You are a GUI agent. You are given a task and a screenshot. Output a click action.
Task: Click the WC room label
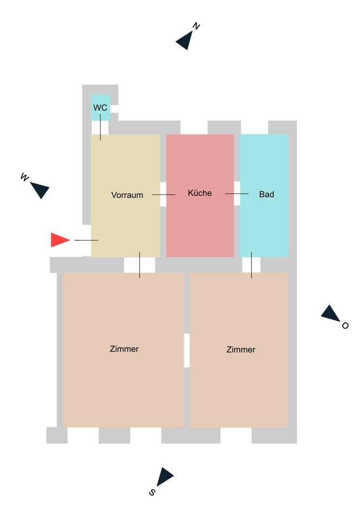(x=100, y=107)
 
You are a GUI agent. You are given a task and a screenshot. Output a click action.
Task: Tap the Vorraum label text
(x=127, y=195)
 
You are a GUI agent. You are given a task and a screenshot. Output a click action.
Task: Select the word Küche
(x=200, y=193)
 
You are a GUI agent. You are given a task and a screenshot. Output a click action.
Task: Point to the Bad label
(x=267, y=194)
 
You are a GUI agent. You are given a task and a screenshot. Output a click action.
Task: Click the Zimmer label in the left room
(x=124, y=349)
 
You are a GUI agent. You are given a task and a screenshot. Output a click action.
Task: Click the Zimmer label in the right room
(x=240, y=349)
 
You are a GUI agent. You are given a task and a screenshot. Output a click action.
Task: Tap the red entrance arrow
(x=60, y=240)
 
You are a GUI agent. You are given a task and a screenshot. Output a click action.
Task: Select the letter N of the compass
(x=196, y=26)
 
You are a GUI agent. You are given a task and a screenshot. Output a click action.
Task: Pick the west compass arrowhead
(x=40, y=189)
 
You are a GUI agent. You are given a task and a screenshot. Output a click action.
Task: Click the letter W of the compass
(x=25, y=177)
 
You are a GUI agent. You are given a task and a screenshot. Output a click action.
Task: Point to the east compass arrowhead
(x=330, y=313)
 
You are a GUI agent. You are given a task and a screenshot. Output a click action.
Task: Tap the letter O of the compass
(x=345, y=325)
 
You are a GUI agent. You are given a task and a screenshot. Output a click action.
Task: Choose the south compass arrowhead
(x=165, y=476)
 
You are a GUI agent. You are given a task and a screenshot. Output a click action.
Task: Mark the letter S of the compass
(x=152, y=492)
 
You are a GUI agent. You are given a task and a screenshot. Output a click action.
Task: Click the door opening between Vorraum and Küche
(x=164, y=194)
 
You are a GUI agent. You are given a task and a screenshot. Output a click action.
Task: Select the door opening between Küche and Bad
(x=237, y=193)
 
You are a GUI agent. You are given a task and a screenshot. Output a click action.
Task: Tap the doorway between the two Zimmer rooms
(x=187, y=351)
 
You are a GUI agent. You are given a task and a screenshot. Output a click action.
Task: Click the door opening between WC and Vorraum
(x=100, y=128)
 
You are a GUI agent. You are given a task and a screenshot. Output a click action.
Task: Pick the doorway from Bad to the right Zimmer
(x=251, y=265)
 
